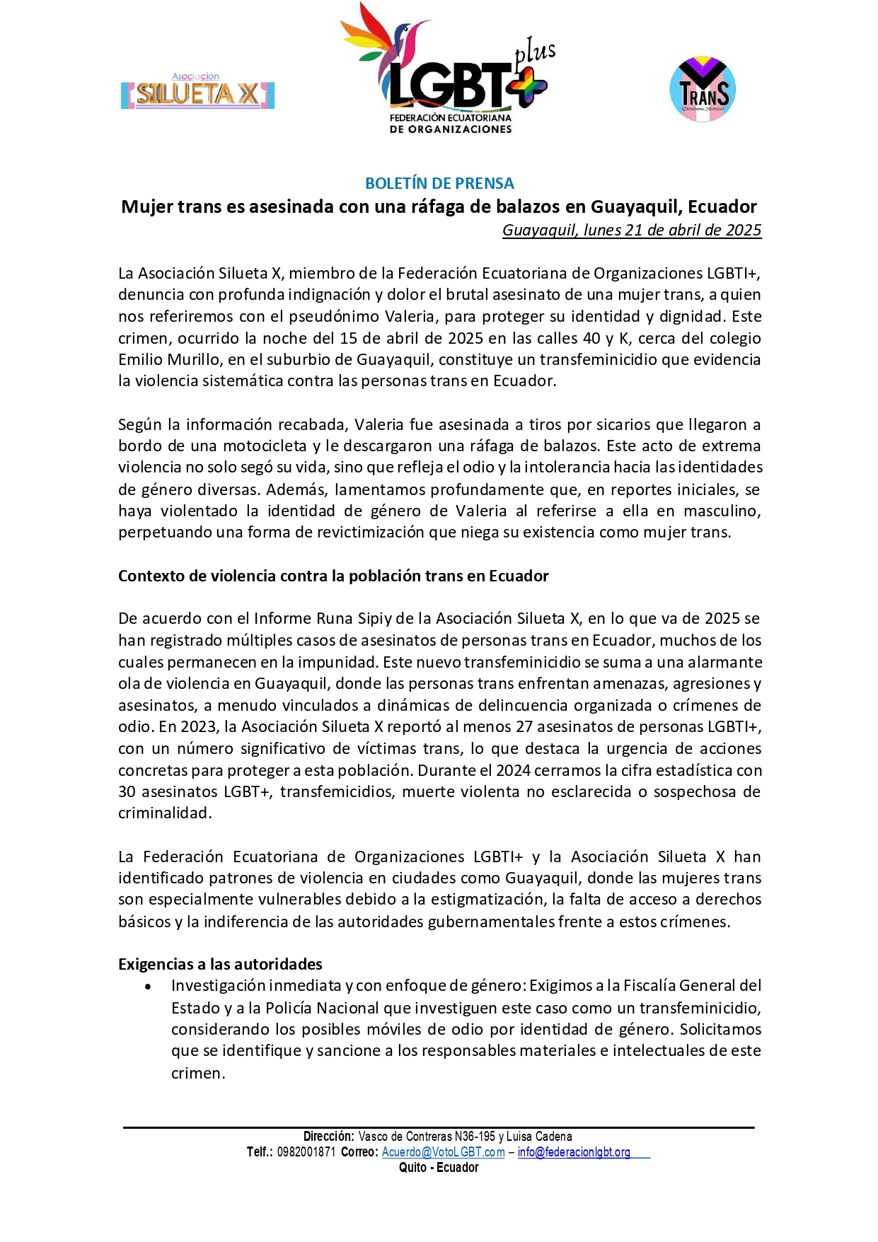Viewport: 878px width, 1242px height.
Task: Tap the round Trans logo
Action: (703, 90)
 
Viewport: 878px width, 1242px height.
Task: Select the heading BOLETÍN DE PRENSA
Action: (439, 183)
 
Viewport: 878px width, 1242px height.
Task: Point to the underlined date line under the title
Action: (632, 230)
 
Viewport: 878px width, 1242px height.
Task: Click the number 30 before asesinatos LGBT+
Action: (127, 791)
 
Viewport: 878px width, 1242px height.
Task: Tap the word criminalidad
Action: (164, 813)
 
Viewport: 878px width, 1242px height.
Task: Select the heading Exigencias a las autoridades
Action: (220, 964)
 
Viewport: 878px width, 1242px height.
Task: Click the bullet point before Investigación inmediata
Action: (148, 987)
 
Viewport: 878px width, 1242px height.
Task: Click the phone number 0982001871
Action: (306, 1151)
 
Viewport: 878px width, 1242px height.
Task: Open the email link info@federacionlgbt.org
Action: (574, 1151)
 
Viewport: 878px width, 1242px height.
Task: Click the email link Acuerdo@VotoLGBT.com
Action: (444, 1151)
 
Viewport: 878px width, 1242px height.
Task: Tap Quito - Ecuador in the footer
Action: (439, 1167)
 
